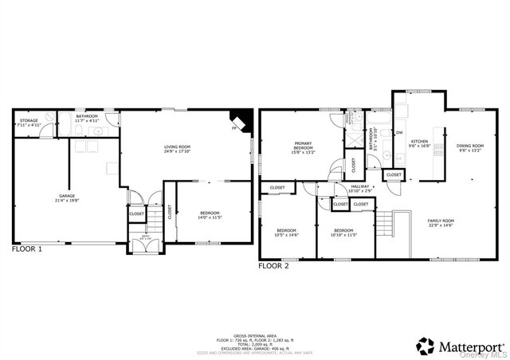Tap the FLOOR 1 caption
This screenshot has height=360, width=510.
click(x=27, y=248)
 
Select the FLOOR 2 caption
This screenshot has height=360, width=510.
click(x=273, y=266)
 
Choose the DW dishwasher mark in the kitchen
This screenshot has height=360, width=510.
click(x=399, y=132)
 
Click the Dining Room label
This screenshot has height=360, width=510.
click(x=469, y=147)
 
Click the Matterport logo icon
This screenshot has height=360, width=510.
click(x=426, y=346)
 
